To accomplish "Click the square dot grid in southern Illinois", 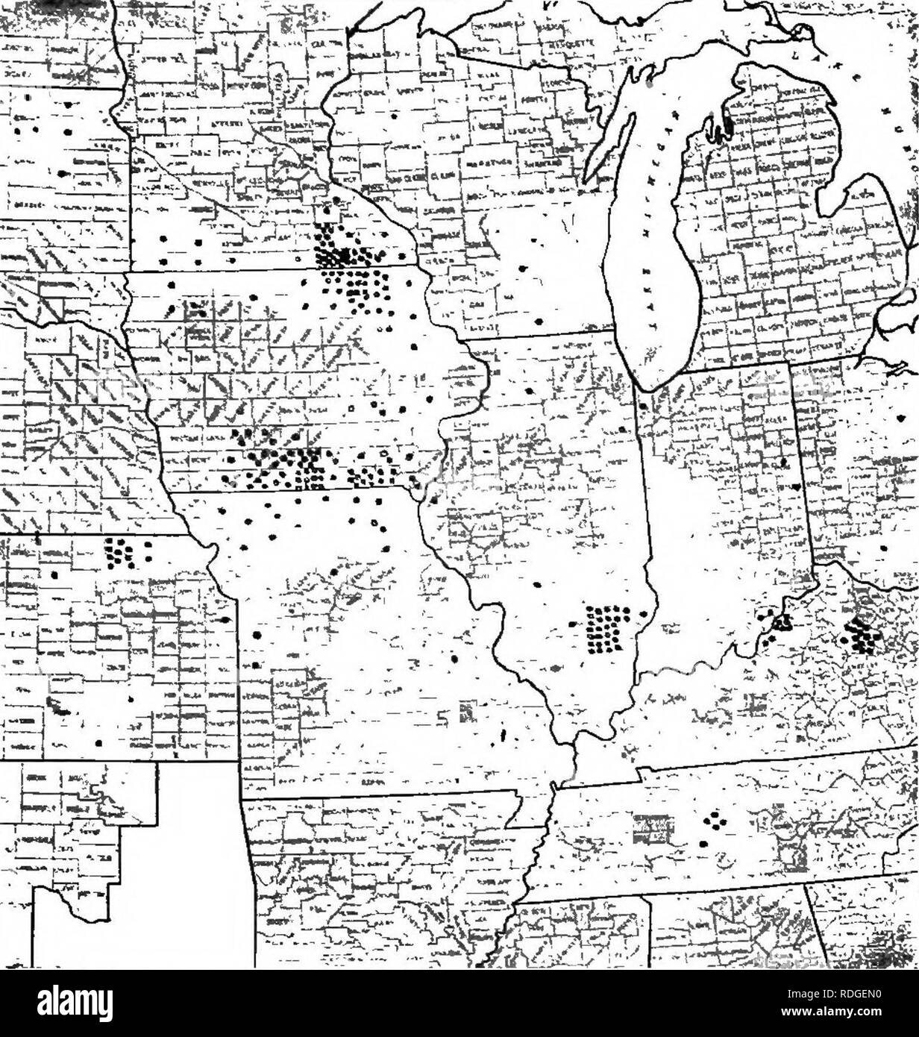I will click(x=607, y=628).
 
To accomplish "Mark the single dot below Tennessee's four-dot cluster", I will click(x=703, y=843).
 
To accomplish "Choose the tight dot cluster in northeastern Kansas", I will click(x=119, y=553).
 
